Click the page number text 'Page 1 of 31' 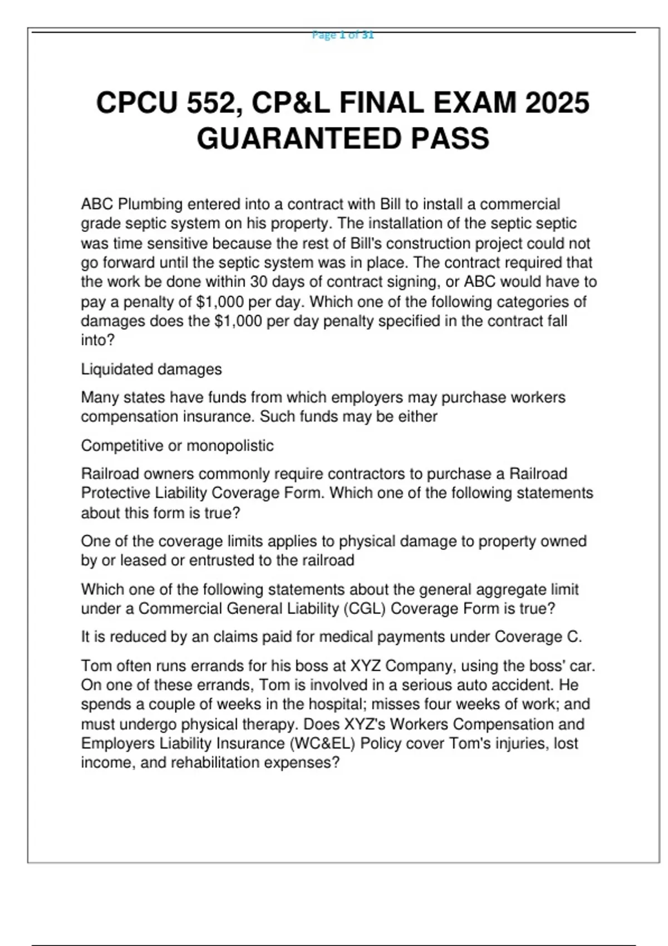tap(343, 35)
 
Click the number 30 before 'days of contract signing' tap(259, 282)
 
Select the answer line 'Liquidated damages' tap(151, 369)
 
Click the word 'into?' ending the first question tap(97, 340)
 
